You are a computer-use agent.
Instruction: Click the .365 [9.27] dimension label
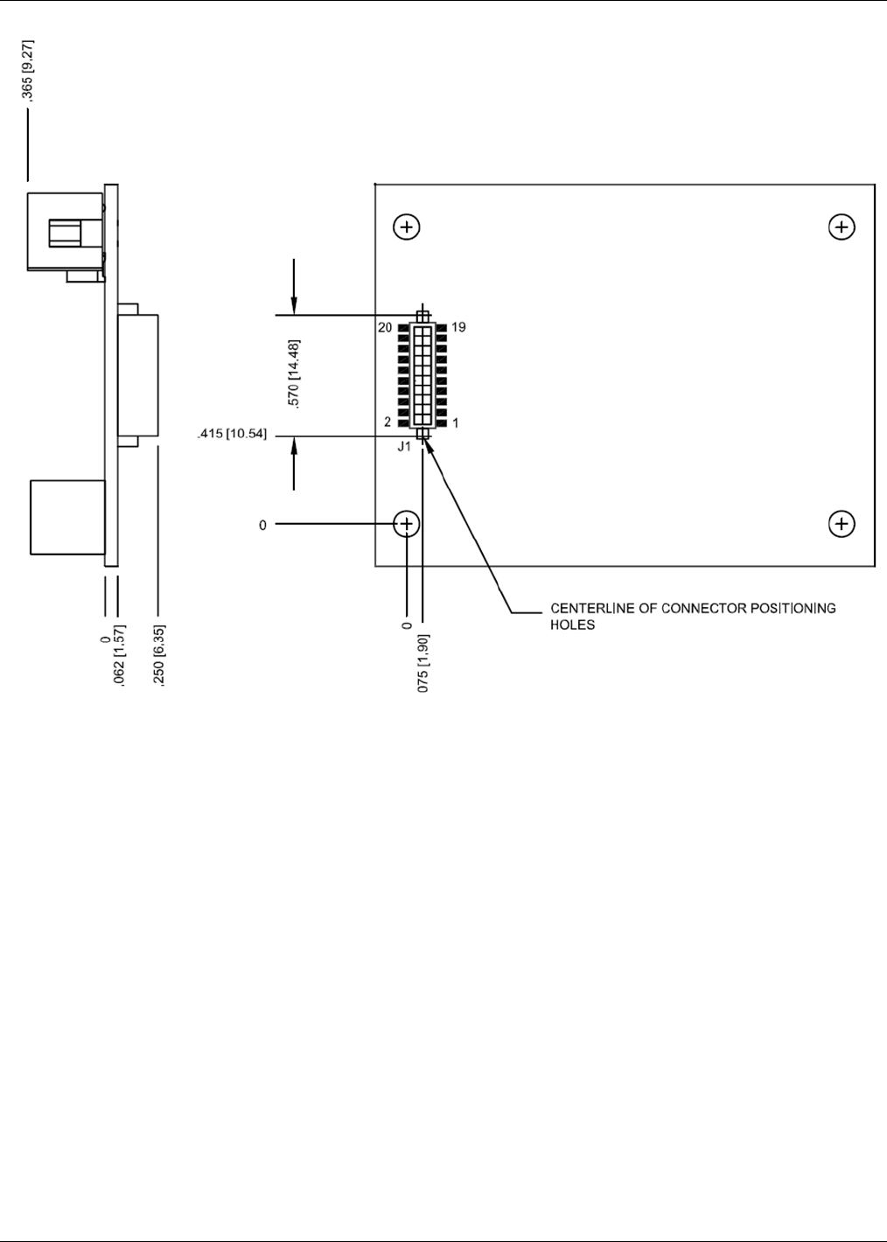click(x=29, y=71)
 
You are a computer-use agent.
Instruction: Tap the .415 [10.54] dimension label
click(x=233, y=433)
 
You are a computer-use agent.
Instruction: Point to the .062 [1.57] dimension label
click(x=121, y=655)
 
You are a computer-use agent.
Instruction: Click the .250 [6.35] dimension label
click(x=159, y=655)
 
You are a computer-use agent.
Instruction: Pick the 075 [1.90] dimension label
click(x=423, y=663)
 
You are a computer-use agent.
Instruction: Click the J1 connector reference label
click(x=404, y=447)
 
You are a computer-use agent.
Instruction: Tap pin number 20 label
click(x=385, y=328)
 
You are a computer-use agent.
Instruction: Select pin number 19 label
click(x=458, y=327)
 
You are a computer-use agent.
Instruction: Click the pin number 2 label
click(x=388, y=422)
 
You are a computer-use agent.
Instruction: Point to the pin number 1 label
click(x=456, y=423)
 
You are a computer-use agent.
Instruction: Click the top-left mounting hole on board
click(x=407, y=227)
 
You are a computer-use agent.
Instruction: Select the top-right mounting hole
click(x=842, y=227)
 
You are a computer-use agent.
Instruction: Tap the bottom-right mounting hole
click(x=842, y=524)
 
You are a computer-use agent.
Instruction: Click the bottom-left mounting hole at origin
click(x=407, y=524)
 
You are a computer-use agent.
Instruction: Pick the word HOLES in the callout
click(x=572, y=624)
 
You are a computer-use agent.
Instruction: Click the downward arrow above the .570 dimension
click(x=294, y=297)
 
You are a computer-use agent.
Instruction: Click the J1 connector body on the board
click(x=423, y=374)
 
